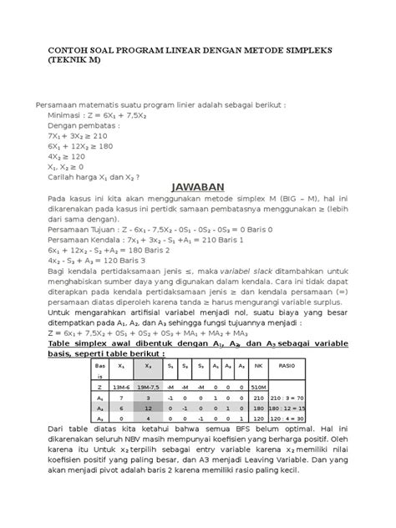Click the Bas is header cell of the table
tap(99, 371)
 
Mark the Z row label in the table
tap(99, 387)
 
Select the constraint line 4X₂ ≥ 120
tap(68, 155)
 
